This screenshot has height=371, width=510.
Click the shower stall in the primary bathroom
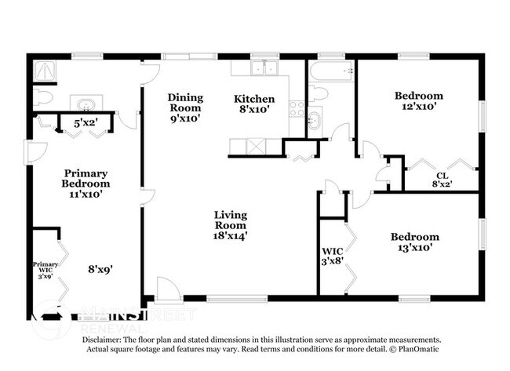click(45, 71)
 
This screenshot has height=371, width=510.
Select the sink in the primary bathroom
click(85, 104)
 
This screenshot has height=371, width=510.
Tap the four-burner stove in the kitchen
click(297, 108)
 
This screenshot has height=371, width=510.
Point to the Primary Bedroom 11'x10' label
click(86, 183)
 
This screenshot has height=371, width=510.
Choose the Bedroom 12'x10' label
click(418, 100)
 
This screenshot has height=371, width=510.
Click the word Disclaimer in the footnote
click(100, 339)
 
